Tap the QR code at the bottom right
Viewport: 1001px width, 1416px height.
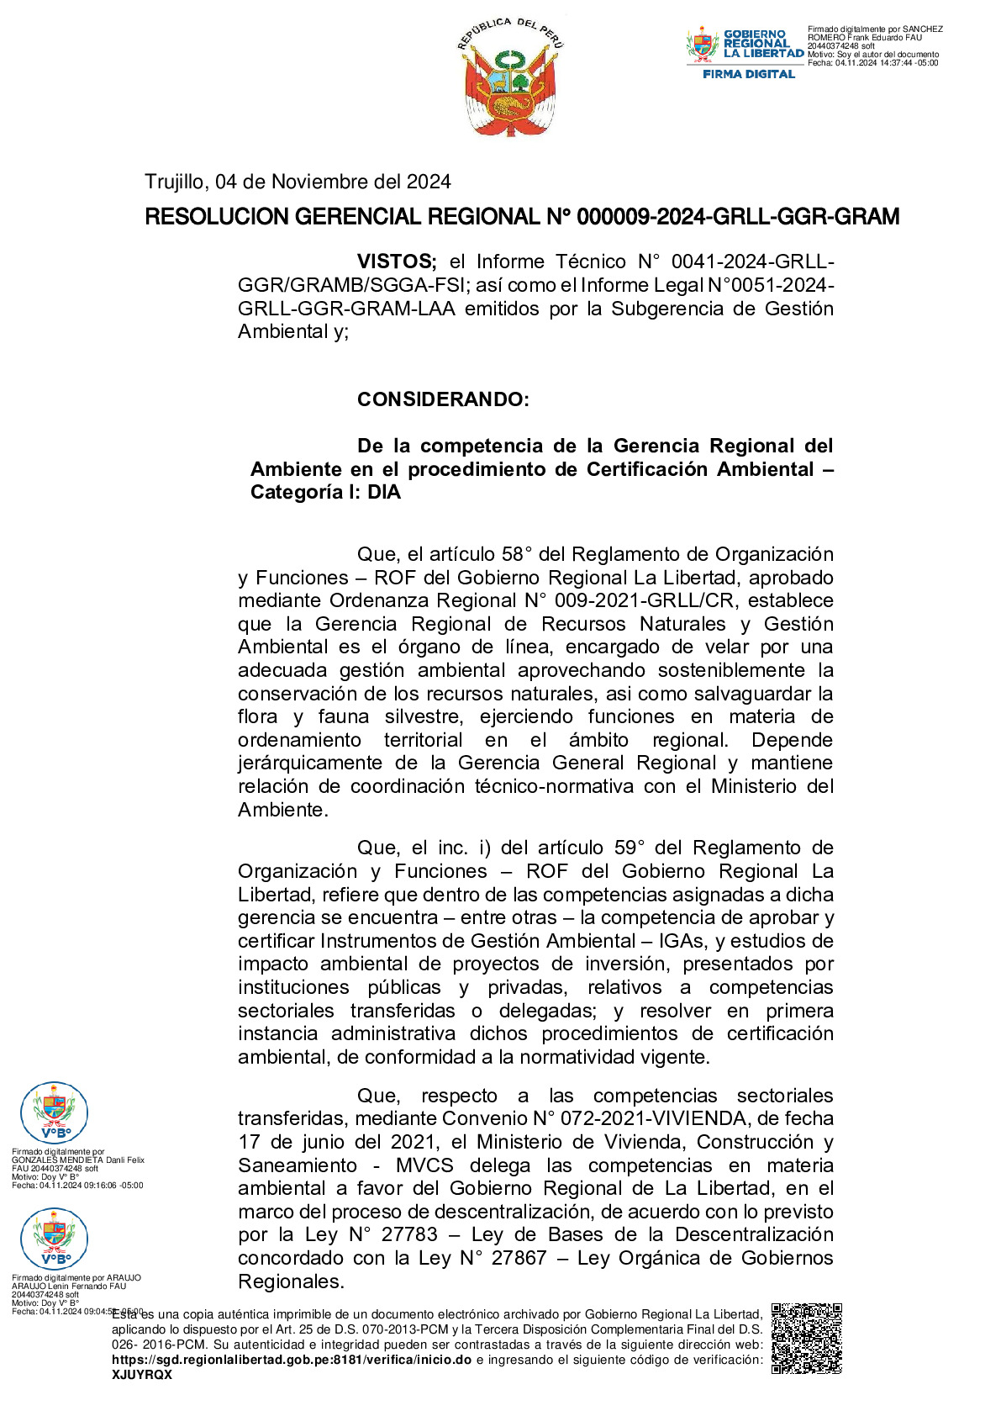point(806,1338)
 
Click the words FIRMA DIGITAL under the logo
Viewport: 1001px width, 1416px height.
point(748,74)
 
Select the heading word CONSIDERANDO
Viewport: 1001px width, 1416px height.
point(443,399)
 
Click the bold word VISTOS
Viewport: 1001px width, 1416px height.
point(397,262)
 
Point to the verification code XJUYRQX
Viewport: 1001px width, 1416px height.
point(142,1375)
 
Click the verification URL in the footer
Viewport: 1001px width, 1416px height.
point(292,1360)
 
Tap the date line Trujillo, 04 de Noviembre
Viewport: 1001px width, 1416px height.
point(298,182)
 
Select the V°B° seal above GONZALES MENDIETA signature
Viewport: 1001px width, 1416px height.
point(54,1112)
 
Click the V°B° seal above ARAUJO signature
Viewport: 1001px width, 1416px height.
point(54,1238)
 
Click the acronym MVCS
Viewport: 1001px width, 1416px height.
point(424,1165)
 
